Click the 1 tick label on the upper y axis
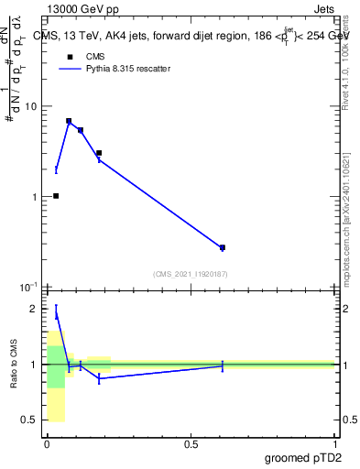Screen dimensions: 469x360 [32, 197]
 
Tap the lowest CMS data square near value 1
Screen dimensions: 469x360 [56, 196]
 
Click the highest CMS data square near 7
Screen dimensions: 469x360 [69, 121]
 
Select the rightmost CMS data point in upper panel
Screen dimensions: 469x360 [223, 247]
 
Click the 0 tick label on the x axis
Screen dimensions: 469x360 [48, 444]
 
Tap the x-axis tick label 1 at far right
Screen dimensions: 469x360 [334, 444]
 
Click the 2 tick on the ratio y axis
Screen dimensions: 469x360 [34, 309]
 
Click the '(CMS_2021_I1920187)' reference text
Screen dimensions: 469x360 [190, 274]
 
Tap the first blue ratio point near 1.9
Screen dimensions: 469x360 [56, 314]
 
